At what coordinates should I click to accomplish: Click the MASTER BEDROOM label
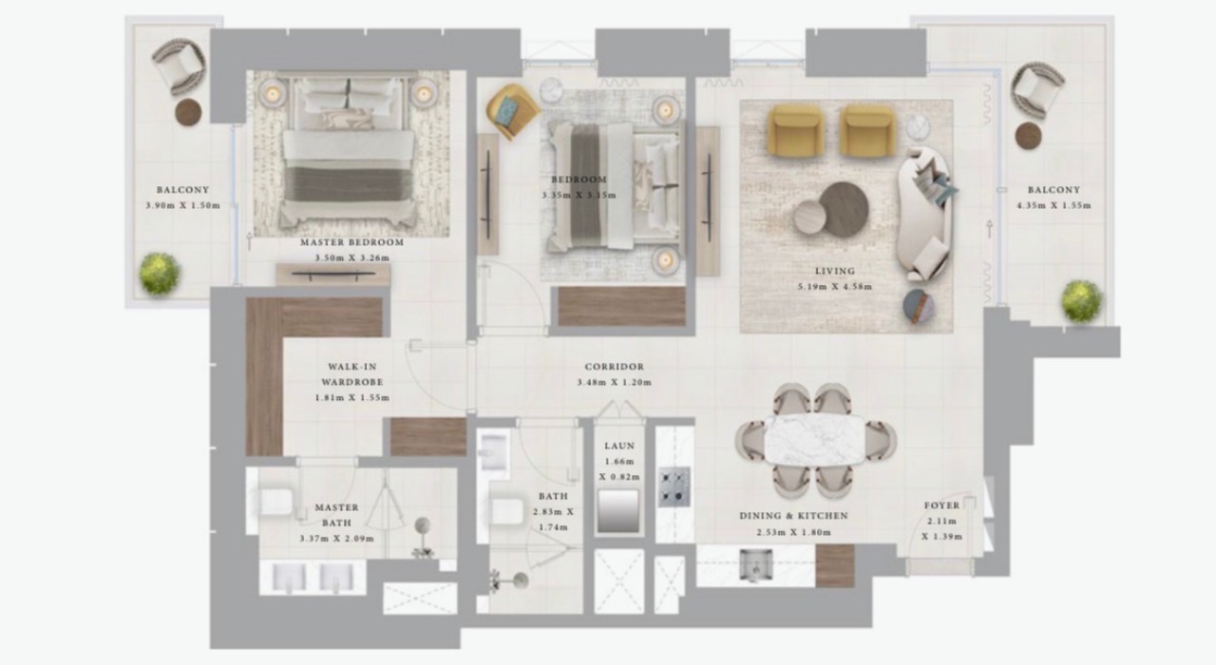[x=352, y=242]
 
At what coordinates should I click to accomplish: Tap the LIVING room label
[x=835, y=271]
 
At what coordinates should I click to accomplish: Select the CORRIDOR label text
[x=615, y=367]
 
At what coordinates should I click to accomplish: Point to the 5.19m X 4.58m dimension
[x=835, y=286]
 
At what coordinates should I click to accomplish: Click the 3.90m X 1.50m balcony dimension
[x=183, y=205]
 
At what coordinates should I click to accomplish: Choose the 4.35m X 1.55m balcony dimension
[x=1054, y=205]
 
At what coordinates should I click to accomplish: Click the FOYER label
[x=941, y=505]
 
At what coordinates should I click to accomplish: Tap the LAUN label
[x=619, y=446]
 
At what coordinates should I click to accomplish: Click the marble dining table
[x=815, y=440]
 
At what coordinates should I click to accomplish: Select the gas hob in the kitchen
[x=674, y=487]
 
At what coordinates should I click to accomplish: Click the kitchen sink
[x=756, y=564]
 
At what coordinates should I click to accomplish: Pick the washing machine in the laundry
[x=618, y=511]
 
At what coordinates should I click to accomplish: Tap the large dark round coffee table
[x=844, y=209]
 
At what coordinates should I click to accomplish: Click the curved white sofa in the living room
[x=925, y=214]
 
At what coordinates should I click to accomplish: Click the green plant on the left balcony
[x=159, y=274]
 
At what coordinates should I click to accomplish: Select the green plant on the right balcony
[x=1082, y=301]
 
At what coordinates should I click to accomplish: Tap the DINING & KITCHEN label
[x=793, y=516]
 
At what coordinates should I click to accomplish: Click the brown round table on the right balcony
[x=1028, y=136]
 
